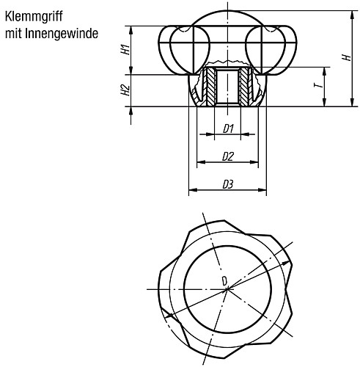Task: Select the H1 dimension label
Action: pyautogui.click(x=125, y=50)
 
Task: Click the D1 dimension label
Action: pyautogui.click(x=228, y=129)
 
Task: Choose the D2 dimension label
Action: pyautogui.click(x=228, y=156)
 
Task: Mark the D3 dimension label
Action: pyautogui.click(x=228, y=184)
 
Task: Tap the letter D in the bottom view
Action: pyautogui.click(x=224, y=280)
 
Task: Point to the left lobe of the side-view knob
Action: pyautogui.click(x=176, y=48)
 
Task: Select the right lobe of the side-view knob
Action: pyautogui.click(x=281, y=48)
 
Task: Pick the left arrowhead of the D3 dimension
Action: pyautogui.click(x=192, y=190)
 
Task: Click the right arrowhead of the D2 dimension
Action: pyautogui.click(x=257, y=162)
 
